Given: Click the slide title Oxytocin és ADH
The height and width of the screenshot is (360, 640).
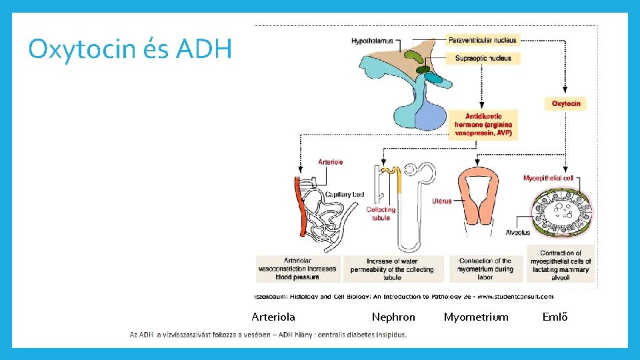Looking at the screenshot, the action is tap(130, 49).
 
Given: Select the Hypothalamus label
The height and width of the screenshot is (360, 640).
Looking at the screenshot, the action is tap(372, 41).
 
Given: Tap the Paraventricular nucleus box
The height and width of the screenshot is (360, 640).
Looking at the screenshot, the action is tap(483, 40).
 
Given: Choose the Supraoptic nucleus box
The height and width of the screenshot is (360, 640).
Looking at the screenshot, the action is tap(483, 58).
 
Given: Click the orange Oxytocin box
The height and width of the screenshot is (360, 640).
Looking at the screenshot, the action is tap(566, 103).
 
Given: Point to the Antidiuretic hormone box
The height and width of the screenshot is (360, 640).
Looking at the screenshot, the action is tap(483, 125).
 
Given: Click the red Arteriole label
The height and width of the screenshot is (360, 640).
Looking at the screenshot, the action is tap(331, 162).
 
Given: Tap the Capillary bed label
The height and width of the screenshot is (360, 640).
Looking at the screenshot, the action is tap(344, 195).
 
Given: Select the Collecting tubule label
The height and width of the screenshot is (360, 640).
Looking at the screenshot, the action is tap(381, 213).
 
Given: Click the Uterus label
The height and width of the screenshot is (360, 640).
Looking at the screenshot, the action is tap(441, 201).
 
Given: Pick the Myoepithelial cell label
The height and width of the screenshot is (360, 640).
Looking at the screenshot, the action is tap(548, 178).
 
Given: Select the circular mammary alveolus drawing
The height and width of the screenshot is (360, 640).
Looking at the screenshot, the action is tap(561, 213).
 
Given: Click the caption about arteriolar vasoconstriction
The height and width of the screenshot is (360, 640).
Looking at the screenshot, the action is tap(297, 269).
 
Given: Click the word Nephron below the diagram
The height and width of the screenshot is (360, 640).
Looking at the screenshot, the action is tap(393, 317).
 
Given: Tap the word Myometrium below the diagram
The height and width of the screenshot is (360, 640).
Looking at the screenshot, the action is tap(476, 317).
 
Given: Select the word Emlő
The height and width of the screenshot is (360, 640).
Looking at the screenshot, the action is tap(555, 317).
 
